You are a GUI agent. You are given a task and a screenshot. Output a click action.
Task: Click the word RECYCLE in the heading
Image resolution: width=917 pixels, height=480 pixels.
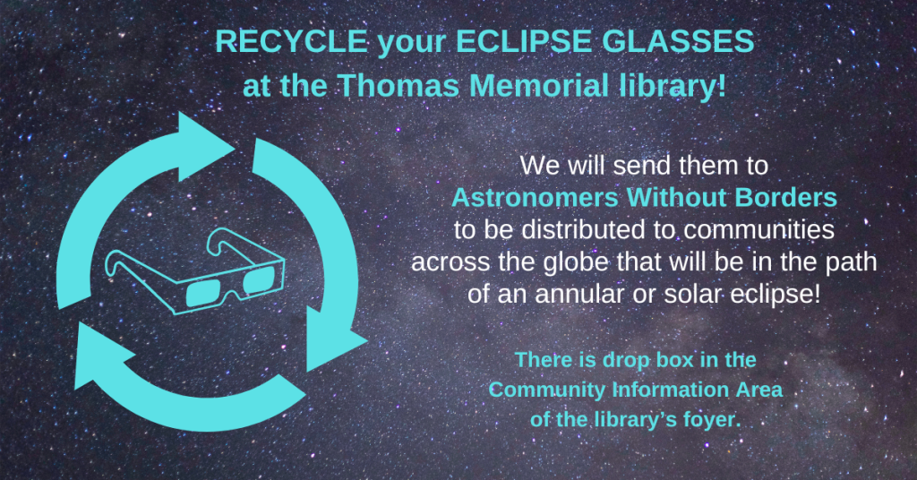292,41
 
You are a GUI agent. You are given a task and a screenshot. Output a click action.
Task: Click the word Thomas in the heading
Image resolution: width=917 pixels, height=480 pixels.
399,85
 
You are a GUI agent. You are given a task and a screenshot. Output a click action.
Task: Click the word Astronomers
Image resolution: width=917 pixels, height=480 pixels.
536,198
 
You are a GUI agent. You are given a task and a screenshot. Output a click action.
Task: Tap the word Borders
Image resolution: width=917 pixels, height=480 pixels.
786,198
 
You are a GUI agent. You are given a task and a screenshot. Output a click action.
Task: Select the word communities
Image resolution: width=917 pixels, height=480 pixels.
758,230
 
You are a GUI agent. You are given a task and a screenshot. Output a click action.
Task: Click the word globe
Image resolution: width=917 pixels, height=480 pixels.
576,262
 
